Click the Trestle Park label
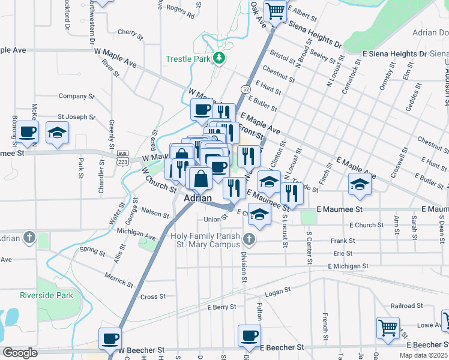(188, 59)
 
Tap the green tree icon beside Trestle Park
(220, 58)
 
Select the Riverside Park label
(55, 295)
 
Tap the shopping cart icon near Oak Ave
(275, 11)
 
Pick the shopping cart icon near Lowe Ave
(388, 328)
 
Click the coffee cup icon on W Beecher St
(110, 338)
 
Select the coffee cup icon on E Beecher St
(249, 335)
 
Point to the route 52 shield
(246, 89)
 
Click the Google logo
(20, 353)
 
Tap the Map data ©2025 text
(423, 355)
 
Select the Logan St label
(278, 292)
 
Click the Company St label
(73, 96)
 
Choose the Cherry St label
(130, 32)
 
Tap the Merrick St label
(118, 279)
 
